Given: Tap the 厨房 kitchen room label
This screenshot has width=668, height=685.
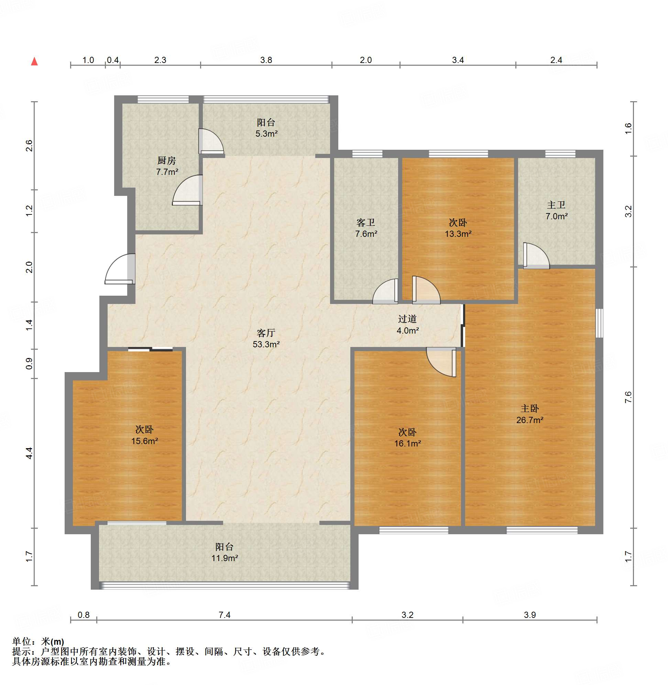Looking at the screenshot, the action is point(166,160).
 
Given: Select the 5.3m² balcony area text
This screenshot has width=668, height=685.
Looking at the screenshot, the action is point(266,134).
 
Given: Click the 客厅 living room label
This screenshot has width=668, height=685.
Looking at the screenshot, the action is point(266,333).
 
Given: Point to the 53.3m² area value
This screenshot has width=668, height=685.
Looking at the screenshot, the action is point(266,344).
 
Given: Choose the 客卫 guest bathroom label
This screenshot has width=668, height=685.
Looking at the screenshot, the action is point(365,222).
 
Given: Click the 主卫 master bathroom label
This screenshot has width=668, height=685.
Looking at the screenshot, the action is point(556,205).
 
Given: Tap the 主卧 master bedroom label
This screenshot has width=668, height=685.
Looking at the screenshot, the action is point(529,408).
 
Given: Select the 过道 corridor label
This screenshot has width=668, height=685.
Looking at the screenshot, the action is point(407,319).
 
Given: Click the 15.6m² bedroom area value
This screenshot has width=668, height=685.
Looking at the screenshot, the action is point(144,441).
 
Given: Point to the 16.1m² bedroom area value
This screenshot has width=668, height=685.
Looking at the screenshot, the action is point(407,443).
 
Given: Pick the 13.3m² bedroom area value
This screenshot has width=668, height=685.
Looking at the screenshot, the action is point(458,234).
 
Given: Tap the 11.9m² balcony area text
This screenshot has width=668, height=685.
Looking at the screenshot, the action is point(225,558).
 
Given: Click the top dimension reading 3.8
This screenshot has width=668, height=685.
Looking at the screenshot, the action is point(266,60).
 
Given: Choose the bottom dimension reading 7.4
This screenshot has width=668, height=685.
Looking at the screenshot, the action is point(225,614).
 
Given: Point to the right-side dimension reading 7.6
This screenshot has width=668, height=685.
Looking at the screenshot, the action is point(628,397).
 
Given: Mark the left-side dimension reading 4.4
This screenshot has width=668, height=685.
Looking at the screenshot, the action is point(29,453).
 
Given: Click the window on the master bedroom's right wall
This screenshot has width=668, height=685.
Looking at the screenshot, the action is point(600,323).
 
